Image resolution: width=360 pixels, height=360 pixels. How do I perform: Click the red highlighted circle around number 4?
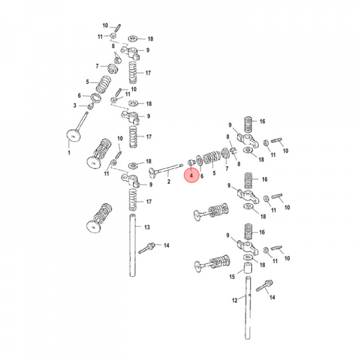(191, 175)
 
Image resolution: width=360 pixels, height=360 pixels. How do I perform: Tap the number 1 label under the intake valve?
(69, 152)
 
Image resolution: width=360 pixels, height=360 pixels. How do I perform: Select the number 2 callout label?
(169, 181)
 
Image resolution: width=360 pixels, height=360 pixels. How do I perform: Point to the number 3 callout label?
(75, 105)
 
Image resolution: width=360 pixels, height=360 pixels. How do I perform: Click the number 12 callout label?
(234, 300)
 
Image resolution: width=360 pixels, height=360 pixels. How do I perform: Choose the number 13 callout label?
(147, 227)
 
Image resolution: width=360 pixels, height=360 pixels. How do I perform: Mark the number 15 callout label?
(232, 276)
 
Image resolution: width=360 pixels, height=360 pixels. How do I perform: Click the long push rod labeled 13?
(132, 245)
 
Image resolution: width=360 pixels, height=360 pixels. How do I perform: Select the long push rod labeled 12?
(247, 307)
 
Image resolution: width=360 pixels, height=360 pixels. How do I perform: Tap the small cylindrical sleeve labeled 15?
(247, 268)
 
